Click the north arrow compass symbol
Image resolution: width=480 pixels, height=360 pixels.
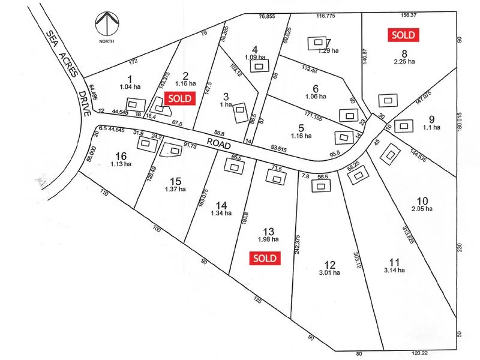pyautogui.click(x=106, y=23)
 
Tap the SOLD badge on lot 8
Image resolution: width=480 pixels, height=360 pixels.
pyautogui.click(x=403, y=35)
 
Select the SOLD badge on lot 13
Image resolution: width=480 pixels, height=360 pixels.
pyautogui.click(x=265, y=258)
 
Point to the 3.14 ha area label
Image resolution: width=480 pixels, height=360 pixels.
pyautogui.click(x=394, y=270)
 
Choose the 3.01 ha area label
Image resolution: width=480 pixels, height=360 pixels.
pyautogui.click(x=329, y=272)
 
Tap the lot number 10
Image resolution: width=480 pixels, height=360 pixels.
pyautogui.click(x=422, y=200)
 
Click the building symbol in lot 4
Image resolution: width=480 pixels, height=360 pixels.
pyautogui.click(x=260, y=67)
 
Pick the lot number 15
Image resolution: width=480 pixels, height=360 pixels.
pyautogui.click(x=175, y=181)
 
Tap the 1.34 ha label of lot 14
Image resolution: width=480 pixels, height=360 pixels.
pyautogui.click(x=221, y=212)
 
